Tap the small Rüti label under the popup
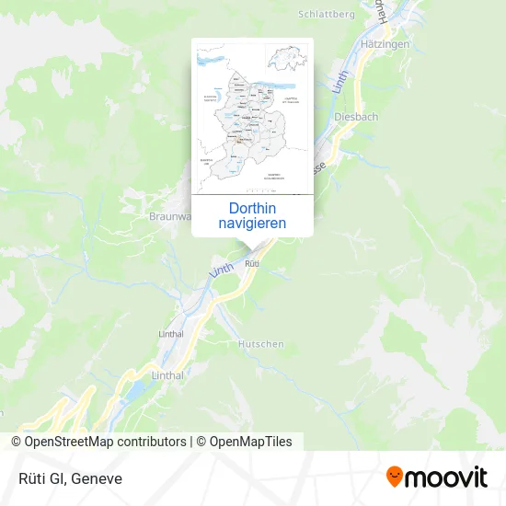(x=252, y=264)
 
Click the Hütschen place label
(x=260, y=343)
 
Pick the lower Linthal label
(x=167, y=375)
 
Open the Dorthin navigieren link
(x=252, y=215)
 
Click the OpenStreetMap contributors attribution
(x=105, y=442)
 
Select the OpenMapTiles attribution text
(x=250, y=442)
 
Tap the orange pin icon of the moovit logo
(x=396, y=477)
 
